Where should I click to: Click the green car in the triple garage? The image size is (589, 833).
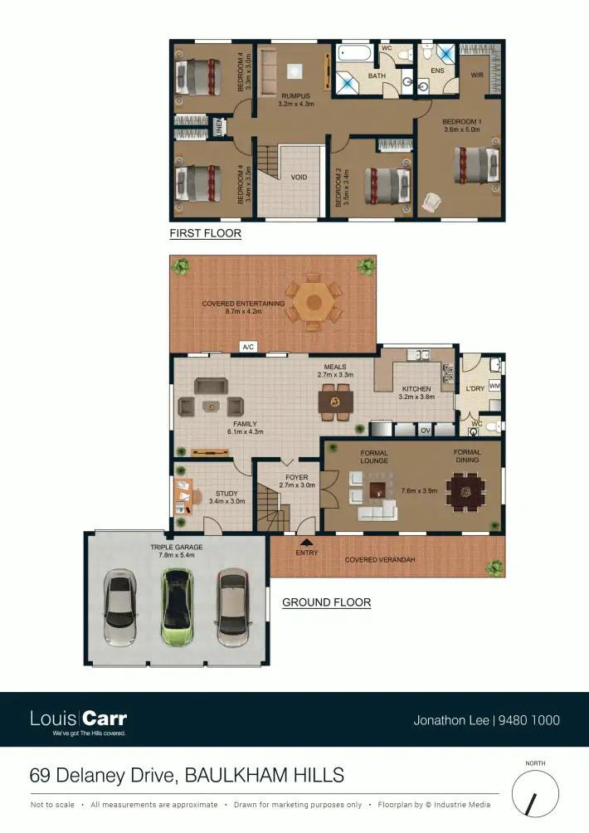pos(177,606)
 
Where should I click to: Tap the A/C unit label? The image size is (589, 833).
pos(247,347)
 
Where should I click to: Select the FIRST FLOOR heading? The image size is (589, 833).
pos(205,233)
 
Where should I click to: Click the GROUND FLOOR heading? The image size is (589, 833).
pos(326,602)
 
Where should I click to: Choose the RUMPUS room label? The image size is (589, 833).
pos(295,96)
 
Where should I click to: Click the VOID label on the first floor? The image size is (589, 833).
pos(299,177)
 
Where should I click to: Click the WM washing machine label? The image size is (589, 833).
pos(494,386)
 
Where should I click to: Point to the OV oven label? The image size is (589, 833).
pos(425,431)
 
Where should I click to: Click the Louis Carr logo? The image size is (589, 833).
pos(78,719)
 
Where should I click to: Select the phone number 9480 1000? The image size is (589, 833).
pos(529,720)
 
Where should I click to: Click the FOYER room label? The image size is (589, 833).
pos(296,478)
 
